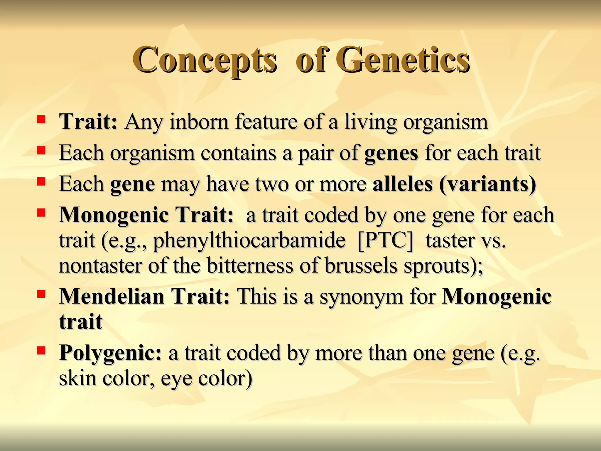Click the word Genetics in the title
(x=402, y=60)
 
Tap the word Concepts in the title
(x=204, y=60)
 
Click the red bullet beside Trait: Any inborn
(x=41, y=119)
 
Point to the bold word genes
(x=391, y=153)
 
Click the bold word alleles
(x=402, y=184)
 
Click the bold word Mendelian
(x=112, y=296)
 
